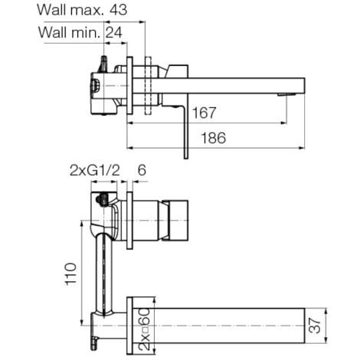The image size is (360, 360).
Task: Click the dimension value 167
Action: pos(204,113)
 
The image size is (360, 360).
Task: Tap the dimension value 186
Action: pos(214,138)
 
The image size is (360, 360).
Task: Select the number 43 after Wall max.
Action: pos(118,10)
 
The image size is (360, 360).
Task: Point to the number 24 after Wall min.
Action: pos(114,32)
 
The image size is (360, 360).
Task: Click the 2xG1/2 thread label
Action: pos(95,170)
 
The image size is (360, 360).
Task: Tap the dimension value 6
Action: pos(142,170)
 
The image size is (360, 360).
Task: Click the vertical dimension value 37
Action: pos(314,326)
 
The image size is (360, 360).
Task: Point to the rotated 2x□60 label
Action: pos(144,329)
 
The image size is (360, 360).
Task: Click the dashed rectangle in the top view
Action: pos(148,85)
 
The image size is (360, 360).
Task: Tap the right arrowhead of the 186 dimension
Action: pos(302,148)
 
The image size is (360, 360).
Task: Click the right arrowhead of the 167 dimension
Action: pos(283,123)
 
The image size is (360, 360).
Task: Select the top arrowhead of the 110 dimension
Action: pos(82,224)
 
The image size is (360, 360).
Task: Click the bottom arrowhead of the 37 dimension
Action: pos(327,339)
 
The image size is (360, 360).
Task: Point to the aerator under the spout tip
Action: pos(286,95)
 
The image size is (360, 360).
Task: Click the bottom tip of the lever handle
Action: pos(186,159)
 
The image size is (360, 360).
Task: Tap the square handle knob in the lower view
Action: pos(178,221)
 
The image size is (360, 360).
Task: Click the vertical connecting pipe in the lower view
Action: pos(104,273)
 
